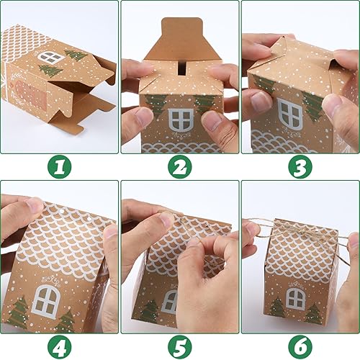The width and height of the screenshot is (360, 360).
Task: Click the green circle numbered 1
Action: pyautogui.click(x=60, y=166)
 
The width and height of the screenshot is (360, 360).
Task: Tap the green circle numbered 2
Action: pyautogui.click(x=180, y=166)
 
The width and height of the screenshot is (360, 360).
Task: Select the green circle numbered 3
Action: pyautogui.click(x=300, y=166)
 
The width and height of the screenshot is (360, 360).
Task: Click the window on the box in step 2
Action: pyautogui.click(x=181, y=120)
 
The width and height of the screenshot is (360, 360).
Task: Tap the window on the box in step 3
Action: pyautogui.click(x=290, y=114)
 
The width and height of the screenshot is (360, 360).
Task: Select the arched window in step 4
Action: pyautogui.click(x=45, y=300)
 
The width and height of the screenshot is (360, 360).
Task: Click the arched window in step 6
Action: pyautogui.click(x=296, y=299)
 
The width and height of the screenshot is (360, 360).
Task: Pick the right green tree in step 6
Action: pyautogui.click(x=313, y=314)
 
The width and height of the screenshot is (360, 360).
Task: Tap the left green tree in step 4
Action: pyautogui.click(x=17, y=312)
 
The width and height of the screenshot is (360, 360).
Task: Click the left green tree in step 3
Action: pyautogui.click(x=264, y=84)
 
